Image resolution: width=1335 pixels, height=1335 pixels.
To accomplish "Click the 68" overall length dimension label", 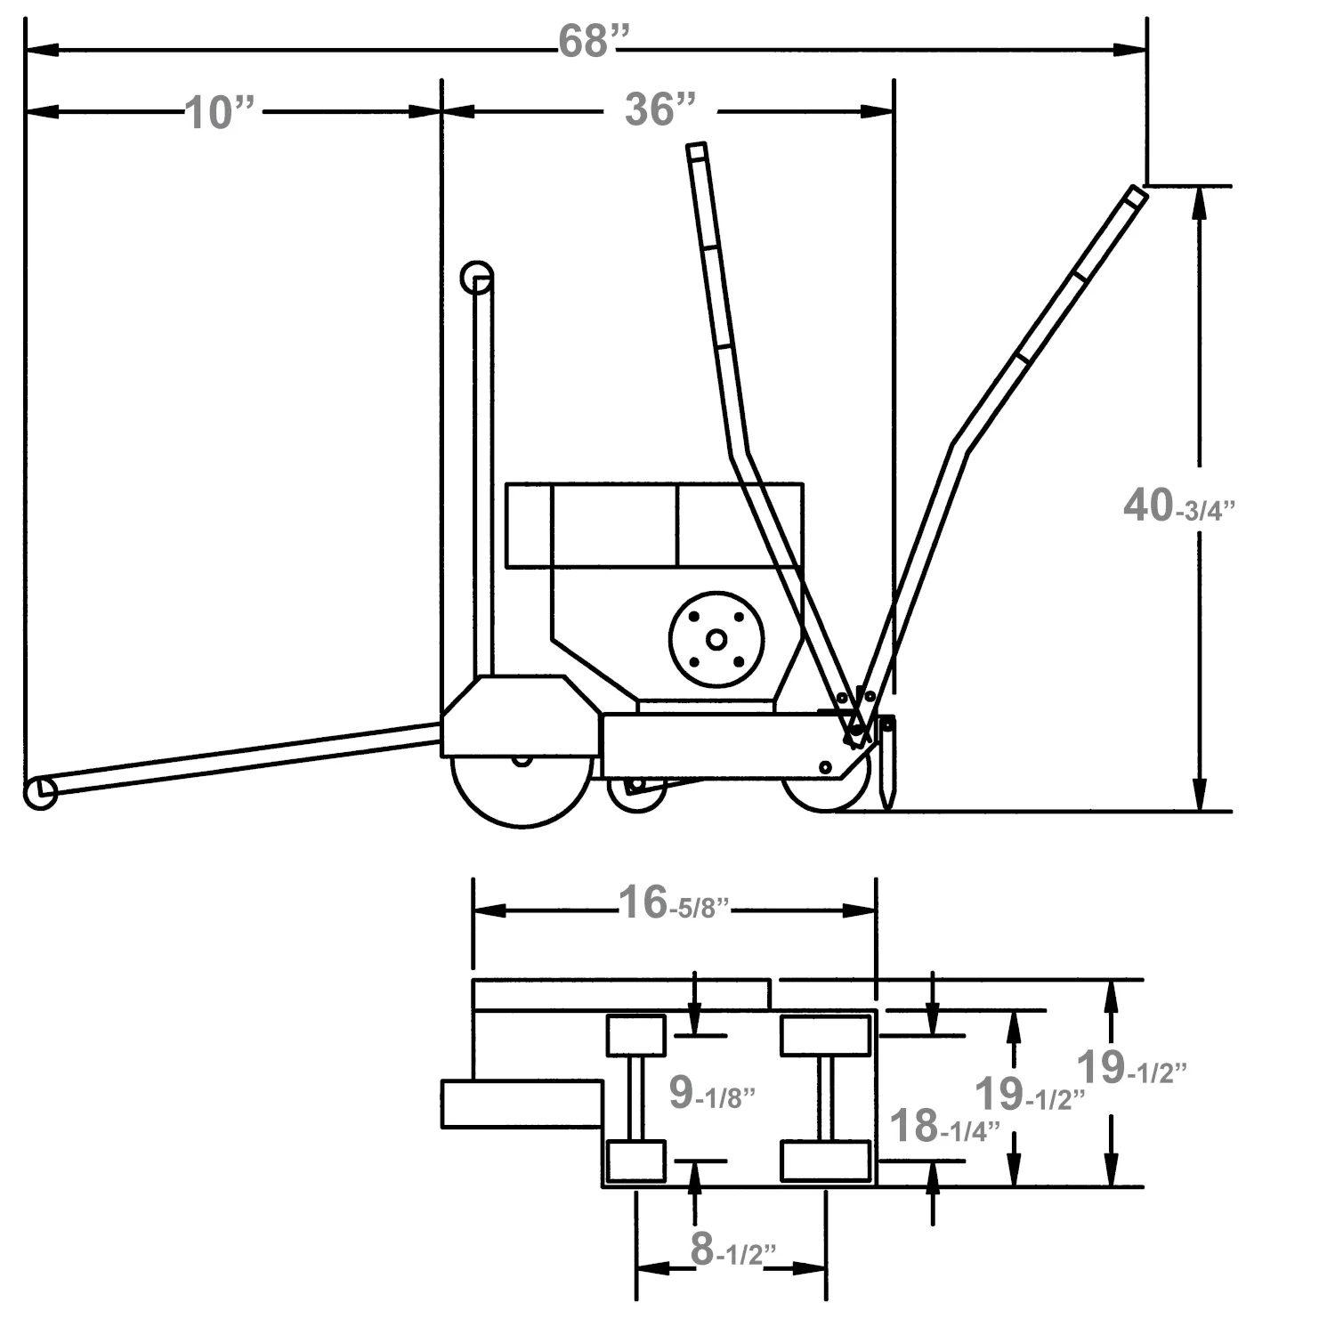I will click(594, 42).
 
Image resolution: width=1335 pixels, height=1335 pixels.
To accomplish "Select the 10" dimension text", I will click(220, 113).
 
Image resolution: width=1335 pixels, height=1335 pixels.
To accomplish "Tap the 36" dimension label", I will click(659, 109).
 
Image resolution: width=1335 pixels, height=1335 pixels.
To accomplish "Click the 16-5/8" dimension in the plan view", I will click(673, 904).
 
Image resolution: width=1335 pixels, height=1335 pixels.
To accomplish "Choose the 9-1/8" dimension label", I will click(711, 1094).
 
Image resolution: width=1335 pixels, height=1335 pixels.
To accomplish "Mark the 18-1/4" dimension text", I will click(943, 1128).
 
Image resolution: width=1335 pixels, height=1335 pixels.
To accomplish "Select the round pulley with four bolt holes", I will click(716, 639).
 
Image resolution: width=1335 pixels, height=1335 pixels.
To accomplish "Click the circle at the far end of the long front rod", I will click(40, 792).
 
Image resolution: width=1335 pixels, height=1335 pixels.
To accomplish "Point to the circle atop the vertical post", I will click(476, 278).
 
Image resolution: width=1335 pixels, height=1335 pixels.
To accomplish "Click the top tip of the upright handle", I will click(696, 150).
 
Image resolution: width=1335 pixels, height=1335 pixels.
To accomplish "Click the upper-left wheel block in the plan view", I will click(635, 1035).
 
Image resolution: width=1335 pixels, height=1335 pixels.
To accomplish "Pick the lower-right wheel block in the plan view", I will click(825, 1161).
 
